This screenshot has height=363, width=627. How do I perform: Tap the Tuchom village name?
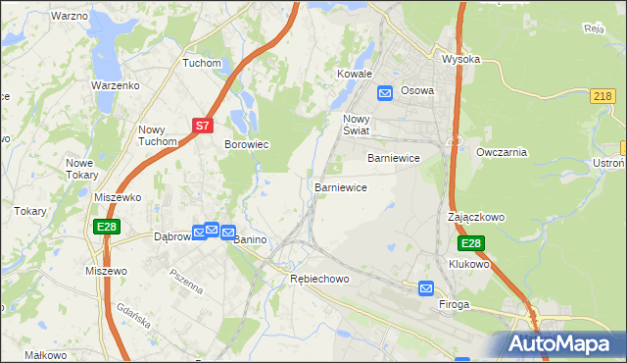202,63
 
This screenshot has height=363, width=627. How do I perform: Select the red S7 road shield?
202,126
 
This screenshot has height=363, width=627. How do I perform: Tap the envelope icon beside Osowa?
386,92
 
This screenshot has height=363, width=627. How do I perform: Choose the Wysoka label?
460,59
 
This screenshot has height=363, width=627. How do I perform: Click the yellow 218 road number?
603,95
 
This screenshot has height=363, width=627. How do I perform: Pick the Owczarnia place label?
502,152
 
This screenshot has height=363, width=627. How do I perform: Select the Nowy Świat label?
355,125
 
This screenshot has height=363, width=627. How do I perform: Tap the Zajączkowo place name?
476,216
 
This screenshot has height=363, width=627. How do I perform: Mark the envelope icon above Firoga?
426,287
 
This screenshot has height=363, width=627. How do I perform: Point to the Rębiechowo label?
319,280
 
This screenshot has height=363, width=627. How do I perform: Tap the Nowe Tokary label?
82,169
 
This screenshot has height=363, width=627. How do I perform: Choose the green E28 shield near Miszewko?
108,227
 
